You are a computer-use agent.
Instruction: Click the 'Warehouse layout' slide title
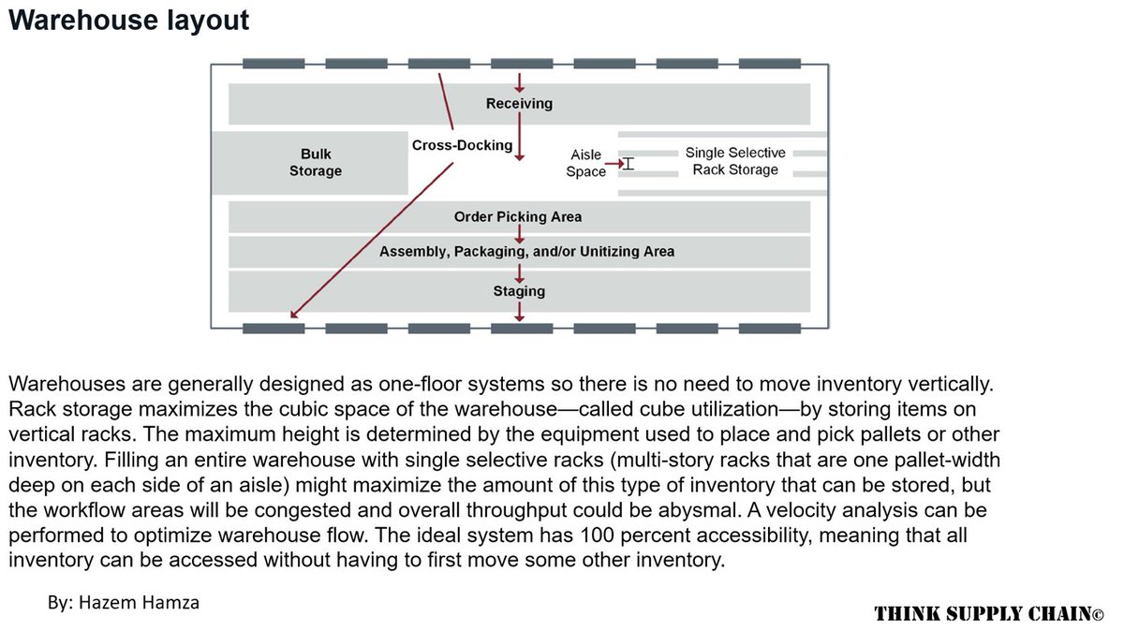click(128, 21)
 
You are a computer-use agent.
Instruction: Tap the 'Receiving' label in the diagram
click(519, 104)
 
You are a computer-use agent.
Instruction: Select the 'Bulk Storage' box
click(316, 163)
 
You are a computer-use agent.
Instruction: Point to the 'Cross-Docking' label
click(462, 145)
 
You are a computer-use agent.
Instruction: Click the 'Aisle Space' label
click(586, 164)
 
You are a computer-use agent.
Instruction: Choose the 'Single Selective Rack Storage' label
click(735, 161)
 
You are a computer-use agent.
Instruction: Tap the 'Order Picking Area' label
click(518, 217)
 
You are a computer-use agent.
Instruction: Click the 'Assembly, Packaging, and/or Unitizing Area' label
click(526, 252)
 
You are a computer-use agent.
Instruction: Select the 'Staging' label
click(519, 291)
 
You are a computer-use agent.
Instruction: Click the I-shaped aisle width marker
click(629, 164)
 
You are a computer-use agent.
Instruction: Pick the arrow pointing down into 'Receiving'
click(519, 84)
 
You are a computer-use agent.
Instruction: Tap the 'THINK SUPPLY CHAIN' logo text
click(989, 614)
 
